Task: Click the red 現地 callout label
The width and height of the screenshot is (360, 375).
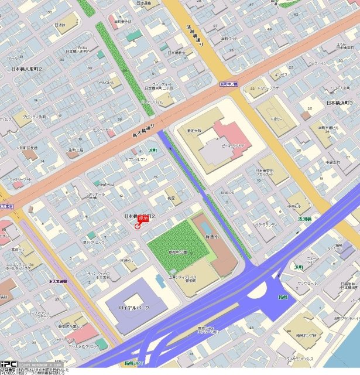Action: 143,219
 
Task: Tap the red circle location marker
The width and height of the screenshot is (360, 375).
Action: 138,226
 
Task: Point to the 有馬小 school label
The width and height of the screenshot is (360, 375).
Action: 211,234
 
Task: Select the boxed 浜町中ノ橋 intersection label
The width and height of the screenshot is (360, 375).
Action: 229,84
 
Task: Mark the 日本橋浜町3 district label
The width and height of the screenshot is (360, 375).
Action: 341,103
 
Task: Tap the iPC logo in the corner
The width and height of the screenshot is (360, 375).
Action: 8,364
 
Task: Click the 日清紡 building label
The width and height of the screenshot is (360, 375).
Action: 60,25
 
